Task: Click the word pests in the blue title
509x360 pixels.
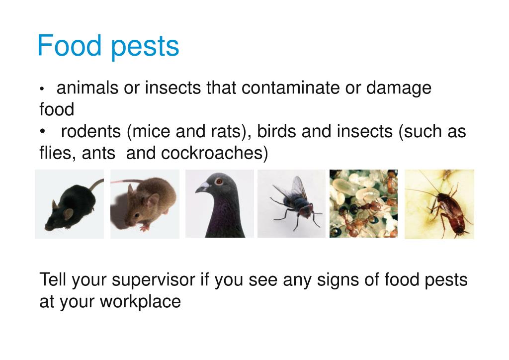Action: coord(145,47)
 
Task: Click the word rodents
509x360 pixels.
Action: coord(91,132)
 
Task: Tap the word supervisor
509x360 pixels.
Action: coord(153,280)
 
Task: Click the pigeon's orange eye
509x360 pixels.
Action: coord(218,182)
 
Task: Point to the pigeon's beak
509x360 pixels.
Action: coord(202,187)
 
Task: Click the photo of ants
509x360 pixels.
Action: coord(364,203)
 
